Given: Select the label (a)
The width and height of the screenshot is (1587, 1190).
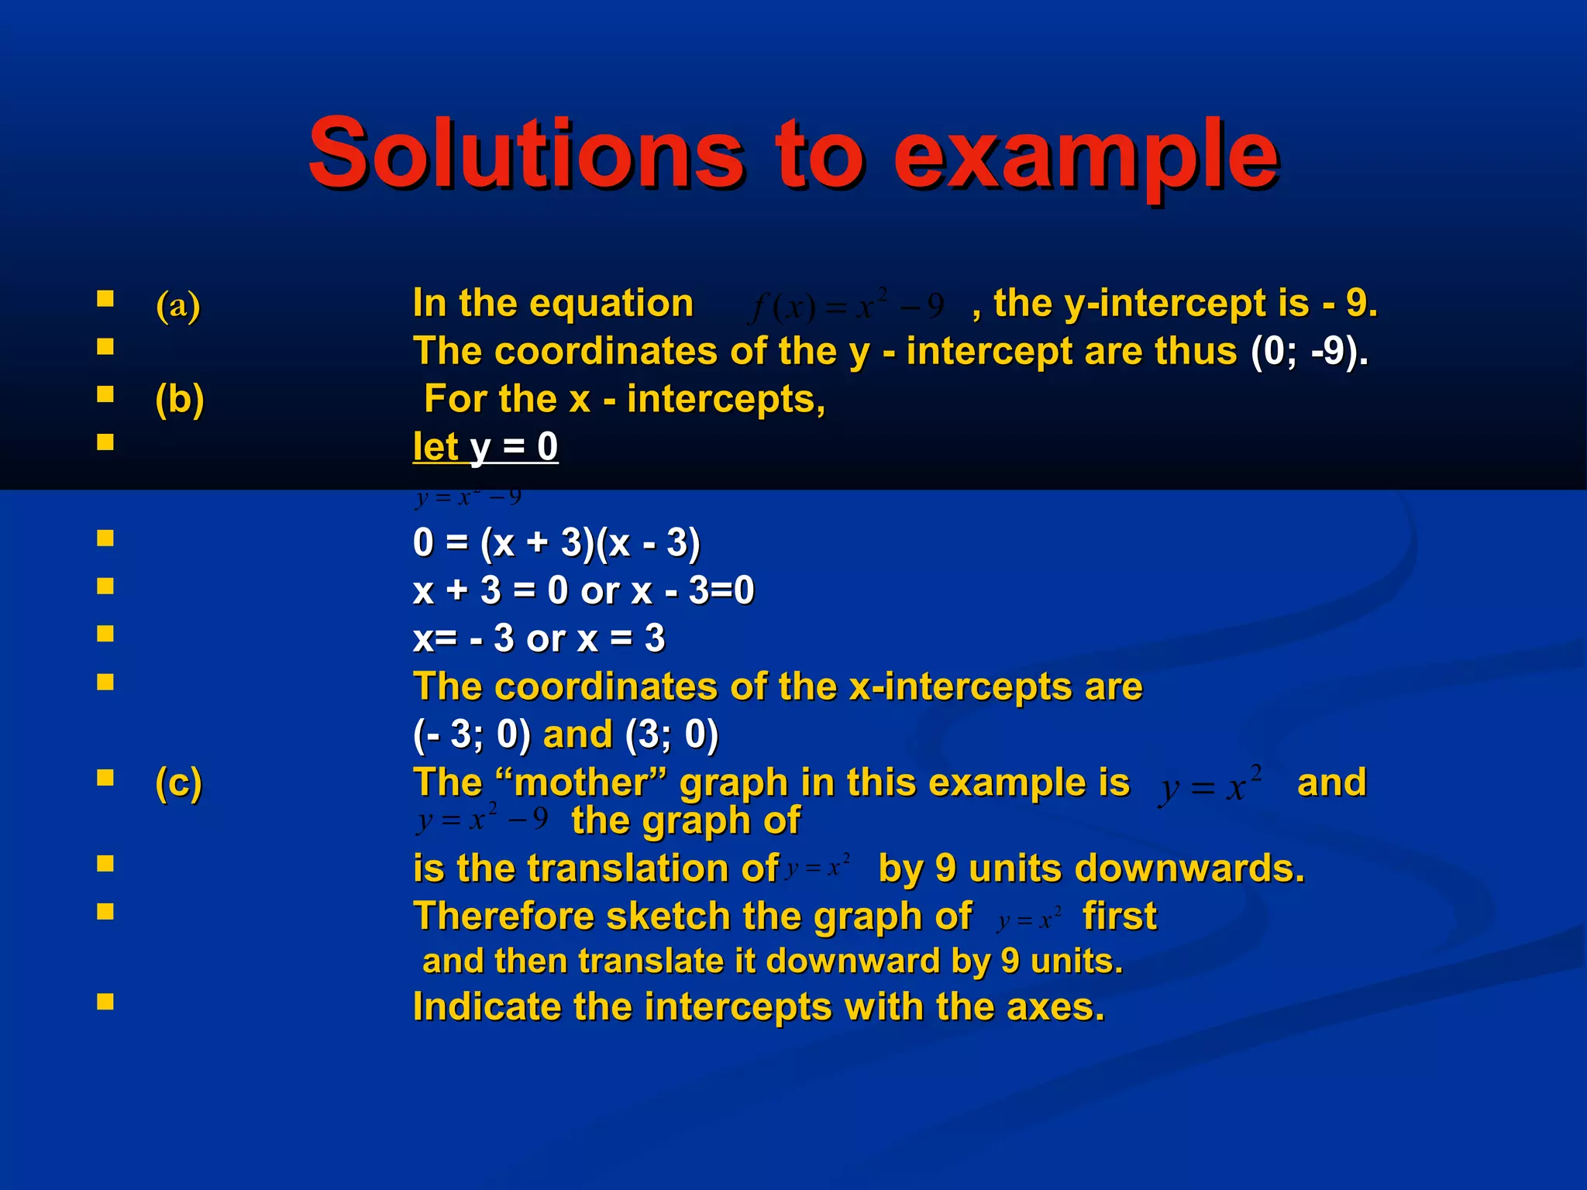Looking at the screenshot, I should (x=178, y=305).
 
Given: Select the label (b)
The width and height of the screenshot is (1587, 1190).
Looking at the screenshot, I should (x=180, y=400).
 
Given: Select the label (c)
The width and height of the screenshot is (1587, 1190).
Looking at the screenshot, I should (x=179, y=782).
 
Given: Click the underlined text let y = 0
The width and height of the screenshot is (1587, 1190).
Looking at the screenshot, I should (x=485, y=447).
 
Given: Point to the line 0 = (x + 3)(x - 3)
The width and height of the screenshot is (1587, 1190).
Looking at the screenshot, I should (x=556, y=542).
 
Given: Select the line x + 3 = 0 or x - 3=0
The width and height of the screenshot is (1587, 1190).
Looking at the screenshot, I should (x=583, y=590).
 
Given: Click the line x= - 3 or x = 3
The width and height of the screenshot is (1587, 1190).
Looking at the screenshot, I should (x=539, y=638).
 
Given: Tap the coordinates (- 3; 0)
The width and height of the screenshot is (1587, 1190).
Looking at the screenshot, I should (x=472, y=734).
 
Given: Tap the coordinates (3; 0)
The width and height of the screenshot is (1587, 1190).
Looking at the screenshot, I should (x=671, y=734).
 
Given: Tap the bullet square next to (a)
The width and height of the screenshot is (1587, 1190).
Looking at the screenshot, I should (x=105, y=298).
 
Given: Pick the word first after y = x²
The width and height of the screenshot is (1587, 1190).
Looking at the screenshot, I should (x=1119, y=917).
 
